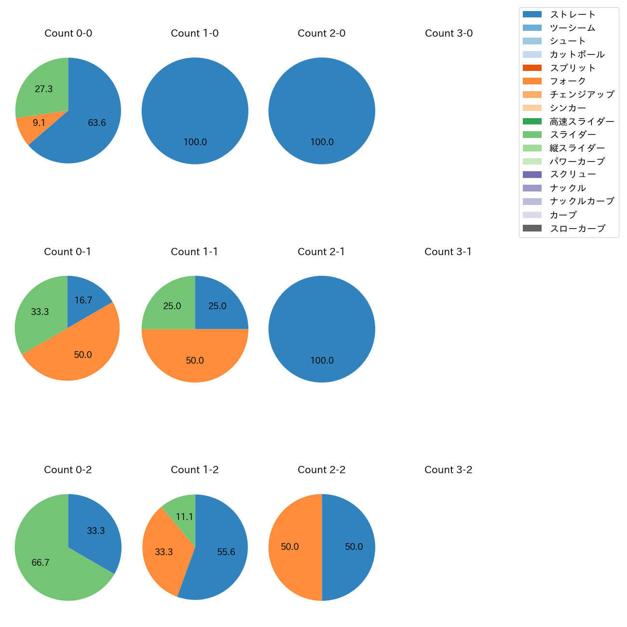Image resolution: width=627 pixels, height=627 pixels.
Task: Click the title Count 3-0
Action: [x=449, y=33]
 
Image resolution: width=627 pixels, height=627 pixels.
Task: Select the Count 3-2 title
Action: [x=448, y=470]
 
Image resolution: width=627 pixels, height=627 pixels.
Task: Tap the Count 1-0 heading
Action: [x=195, y=33]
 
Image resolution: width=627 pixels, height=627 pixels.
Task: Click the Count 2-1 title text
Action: [x=321, y=252]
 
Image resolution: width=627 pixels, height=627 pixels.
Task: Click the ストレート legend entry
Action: [x=572, y=14]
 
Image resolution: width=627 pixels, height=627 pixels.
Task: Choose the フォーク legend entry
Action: [x=568, y=81]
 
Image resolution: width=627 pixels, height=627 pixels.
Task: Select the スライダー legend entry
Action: [x=572, y=135]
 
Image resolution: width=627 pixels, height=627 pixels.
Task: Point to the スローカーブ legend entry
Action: [x=577, y=229]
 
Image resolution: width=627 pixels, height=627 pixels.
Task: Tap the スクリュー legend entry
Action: [x=572, y=175]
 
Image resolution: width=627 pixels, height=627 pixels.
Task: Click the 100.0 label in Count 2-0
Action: [x=322, y=142]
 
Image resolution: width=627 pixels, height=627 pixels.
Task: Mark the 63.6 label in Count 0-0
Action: [x=96, y=123]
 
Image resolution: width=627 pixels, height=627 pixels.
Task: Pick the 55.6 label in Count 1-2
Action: [x=226, y=552]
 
